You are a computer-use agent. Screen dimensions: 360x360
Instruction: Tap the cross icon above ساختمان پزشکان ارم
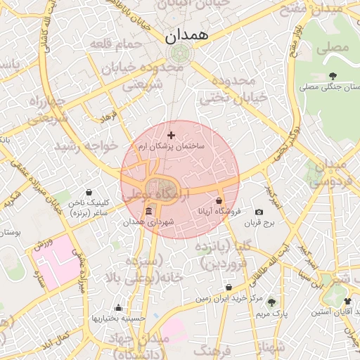point(172,135)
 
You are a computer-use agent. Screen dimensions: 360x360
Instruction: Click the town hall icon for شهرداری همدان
point(148,212)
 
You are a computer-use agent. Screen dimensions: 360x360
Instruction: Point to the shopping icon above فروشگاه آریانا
point(220,200)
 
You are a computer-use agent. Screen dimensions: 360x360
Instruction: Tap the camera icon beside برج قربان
point(259,212)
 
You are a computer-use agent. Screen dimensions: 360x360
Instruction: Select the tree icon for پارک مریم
point(271,302)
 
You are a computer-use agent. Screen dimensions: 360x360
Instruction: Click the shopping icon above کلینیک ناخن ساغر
point(89,192)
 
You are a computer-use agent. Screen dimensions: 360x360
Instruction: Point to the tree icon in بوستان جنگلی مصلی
point(332,76)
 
